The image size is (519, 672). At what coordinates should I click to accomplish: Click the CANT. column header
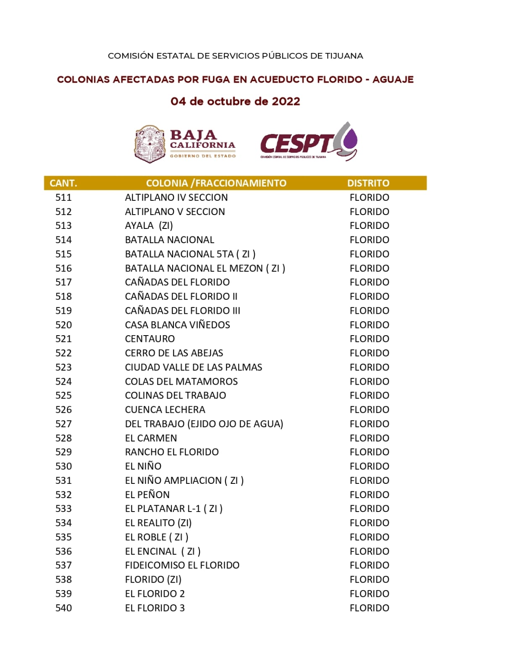click(63, 183)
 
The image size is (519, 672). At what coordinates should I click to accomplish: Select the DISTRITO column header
click(368, 183)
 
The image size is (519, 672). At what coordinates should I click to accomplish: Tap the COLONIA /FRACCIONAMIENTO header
click(216, 183)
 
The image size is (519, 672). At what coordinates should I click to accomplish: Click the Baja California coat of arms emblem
click(149, 144)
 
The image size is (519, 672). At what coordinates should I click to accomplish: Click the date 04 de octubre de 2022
click(235, 102)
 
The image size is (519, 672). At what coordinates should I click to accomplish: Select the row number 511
click(63, 197)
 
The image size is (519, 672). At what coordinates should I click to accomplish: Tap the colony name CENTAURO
click(150, 339)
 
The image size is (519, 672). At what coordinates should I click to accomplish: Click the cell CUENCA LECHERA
click(165, 409)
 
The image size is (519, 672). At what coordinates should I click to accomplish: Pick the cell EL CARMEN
click(151, 438)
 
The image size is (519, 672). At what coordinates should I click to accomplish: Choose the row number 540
click(63, 608)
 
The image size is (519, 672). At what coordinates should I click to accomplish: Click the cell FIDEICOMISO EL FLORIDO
click(182, 565)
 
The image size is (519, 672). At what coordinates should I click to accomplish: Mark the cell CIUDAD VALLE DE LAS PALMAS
click(193, 367)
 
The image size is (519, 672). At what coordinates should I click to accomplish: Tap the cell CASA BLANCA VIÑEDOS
click(177, 325)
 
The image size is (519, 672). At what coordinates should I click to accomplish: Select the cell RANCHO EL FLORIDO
click(172, 452)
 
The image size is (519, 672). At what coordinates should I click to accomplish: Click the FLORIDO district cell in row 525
click(369, 395)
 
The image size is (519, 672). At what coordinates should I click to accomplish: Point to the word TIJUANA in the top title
click(344, 56)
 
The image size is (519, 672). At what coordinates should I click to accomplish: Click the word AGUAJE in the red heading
click(393, 79)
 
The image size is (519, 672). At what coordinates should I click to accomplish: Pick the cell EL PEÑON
click(147, 494)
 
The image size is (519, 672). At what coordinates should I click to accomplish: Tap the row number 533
click(63, 509)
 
